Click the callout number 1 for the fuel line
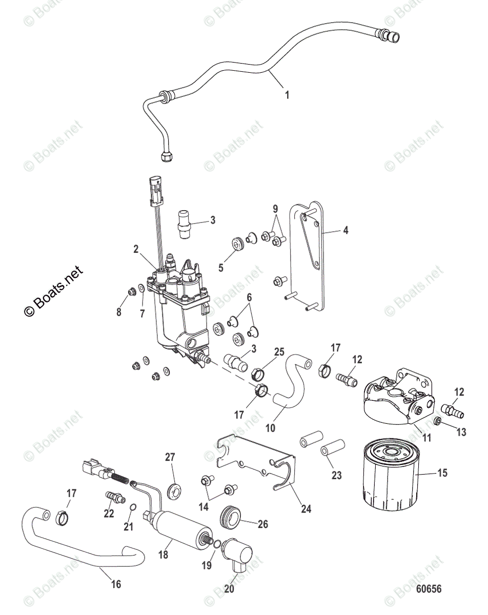287,94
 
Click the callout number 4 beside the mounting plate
345,231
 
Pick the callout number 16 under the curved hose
116,584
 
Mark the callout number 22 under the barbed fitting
109,514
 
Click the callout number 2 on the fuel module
136,249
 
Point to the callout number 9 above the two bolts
275,209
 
